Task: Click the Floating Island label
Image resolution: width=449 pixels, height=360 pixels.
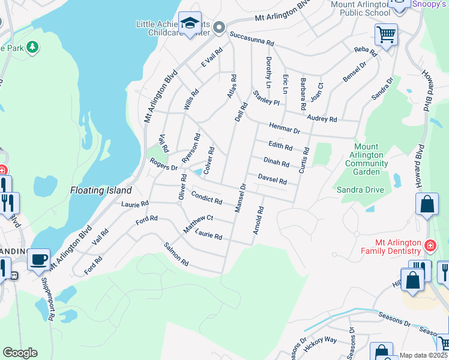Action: click(100, 190)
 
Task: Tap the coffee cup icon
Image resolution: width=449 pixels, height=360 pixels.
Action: click(39, 259)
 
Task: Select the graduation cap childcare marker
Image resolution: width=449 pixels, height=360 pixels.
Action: click(190, 24)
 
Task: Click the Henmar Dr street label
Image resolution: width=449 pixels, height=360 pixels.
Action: click(284, 128)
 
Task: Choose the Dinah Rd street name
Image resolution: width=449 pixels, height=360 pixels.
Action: click(276, 163)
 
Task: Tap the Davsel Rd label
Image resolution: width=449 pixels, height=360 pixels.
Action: click(272, 179)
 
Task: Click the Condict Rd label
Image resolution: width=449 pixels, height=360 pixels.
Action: click(206, 197)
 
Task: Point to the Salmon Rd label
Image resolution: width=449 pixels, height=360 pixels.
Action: click(176, 254)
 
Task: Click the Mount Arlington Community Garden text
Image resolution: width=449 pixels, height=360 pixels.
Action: click(366, 159)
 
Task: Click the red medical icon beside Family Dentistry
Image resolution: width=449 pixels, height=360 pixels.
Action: click(430, 245)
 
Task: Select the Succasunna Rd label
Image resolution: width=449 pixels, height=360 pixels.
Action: click(251, 39)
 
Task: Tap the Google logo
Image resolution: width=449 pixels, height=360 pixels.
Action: click(20, 353)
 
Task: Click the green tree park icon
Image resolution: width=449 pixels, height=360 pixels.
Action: click(32, 46)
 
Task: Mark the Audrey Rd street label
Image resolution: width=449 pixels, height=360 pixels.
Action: click(322, 119)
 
